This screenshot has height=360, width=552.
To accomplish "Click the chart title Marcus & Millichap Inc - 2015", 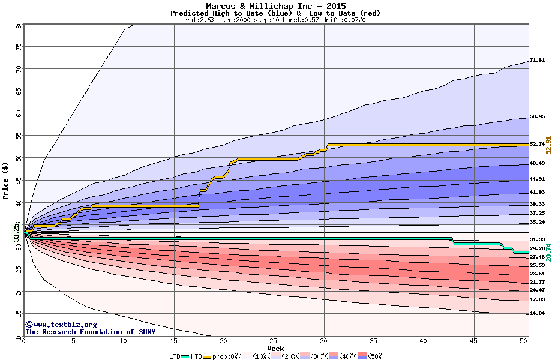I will click(275, 5).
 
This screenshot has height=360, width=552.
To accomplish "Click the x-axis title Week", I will click(275, 349).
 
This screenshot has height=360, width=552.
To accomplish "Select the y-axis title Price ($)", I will click(5, 180).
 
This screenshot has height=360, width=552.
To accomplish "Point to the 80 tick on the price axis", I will click(18, 25).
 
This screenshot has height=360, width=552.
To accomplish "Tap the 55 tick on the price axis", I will click(18, 136).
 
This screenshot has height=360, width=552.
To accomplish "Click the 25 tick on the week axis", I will click(274, 341).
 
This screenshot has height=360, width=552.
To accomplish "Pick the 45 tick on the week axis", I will click(473, 341).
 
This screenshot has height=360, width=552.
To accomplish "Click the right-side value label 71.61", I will click(537, 61).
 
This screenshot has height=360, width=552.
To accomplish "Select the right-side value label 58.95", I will click(537, 117).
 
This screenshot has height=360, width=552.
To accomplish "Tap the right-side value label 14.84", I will click(537, 313).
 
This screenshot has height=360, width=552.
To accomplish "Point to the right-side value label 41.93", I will click(537, 192).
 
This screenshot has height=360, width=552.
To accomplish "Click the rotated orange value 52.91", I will click(548, 145).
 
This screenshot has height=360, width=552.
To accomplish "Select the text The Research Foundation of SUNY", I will click(90, 332).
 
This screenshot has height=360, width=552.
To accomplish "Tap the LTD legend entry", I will click(175, 356).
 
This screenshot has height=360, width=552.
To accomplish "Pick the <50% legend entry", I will click(374, 356).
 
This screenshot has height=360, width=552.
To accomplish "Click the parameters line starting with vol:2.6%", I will click(275, 20).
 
